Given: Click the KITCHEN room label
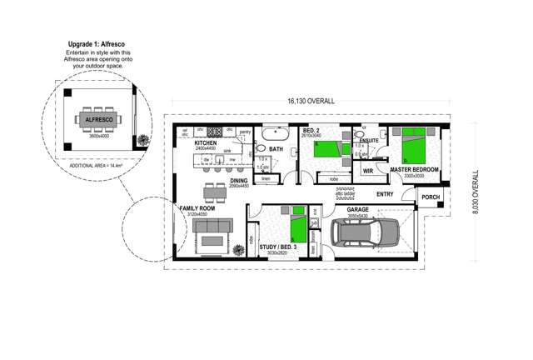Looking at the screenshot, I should coord(206,143).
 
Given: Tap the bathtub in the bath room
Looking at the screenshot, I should coord(276,133).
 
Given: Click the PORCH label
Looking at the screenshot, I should coord(431,197).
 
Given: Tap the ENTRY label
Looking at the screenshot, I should coord(385,194).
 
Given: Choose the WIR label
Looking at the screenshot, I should coord(367,170).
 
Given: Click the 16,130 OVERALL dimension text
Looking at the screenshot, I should coord(311,101).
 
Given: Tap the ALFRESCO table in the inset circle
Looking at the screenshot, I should coord(99,120).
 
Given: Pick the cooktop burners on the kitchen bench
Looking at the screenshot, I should coord(215,132).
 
